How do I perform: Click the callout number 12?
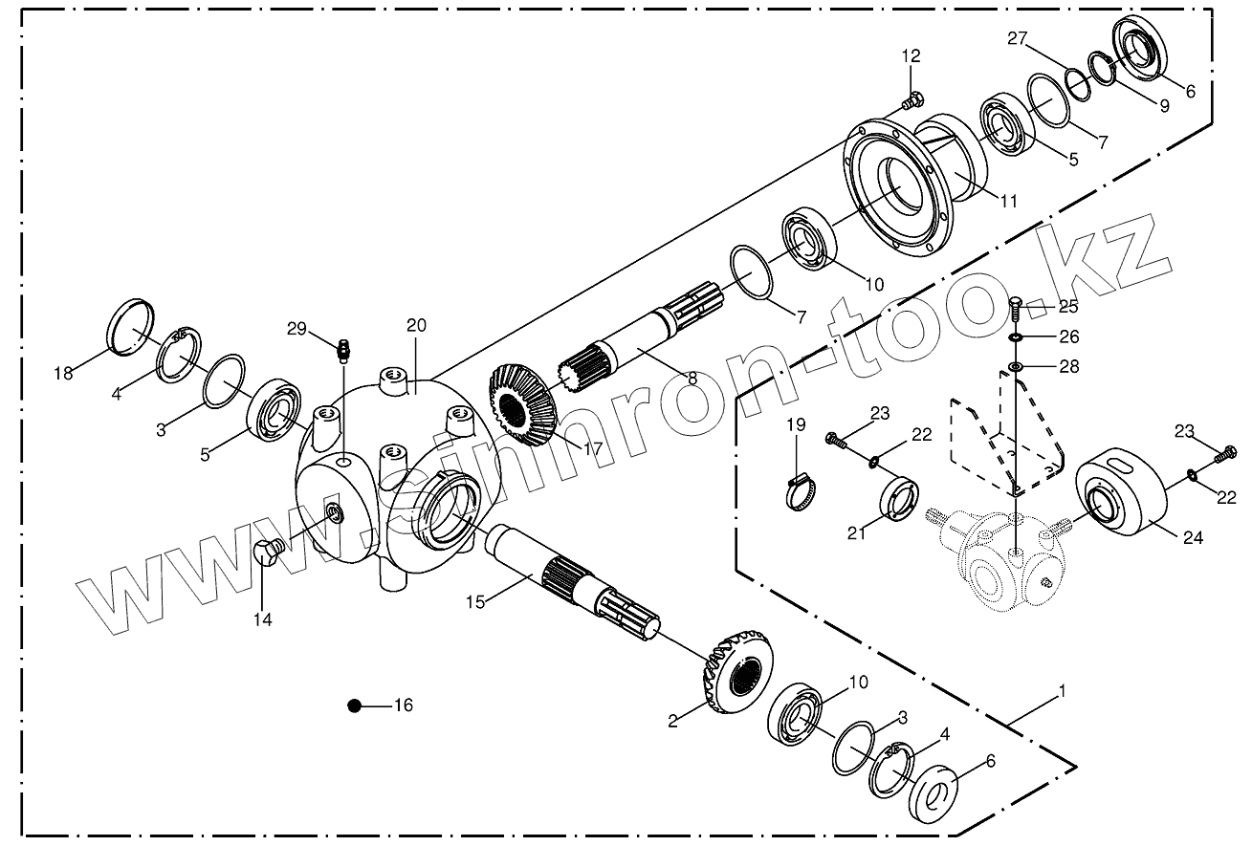click(x=910, y=57)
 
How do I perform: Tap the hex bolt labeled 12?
click(x=912, y=98)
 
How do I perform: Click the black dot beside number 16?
click(x=355, y=706)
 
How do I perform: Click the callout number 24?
click(x=1193, y=538)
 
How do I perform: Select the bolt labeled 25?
click(x=1017, y=308)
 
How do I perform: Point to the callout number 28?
click(x=1068, y=367)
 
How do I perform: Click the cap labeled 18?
click(x=131, y=328)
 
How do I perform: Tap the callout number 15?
click(x=476, y=601)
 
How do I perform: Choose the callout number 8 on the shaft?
click(x=692, y=379)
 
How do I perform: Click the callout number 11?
click(x=1008, y=201)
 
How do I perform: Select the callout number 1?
click(x=1062, y=689)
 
